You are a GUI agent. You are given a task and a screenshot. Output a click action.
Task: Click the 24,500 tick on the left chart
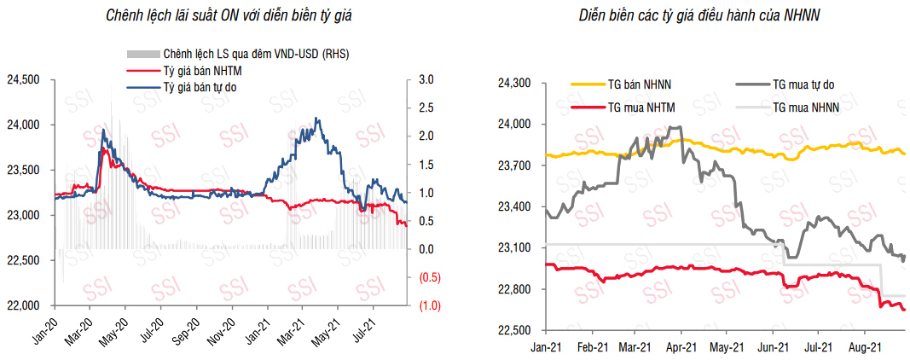24,80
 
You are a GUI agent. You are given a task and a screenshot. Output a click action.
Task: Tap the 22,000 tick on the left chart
24,305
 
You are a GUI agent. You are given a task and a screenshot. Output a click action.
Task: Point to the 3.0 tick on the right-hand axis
426,80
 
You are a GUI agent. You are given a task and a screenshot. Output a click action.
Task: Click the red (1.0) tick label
428,305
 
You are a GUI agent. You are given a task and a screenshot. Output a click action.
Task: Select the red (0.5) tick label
428,277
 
